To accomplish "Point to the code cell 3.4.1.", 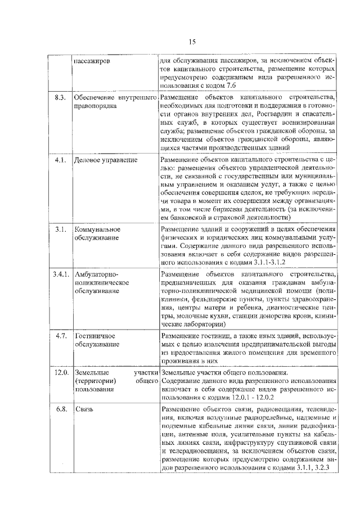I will point(60,274).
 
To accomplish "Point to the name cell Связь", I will point(84,409).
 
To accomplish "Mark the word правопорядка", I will point(96,106).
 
